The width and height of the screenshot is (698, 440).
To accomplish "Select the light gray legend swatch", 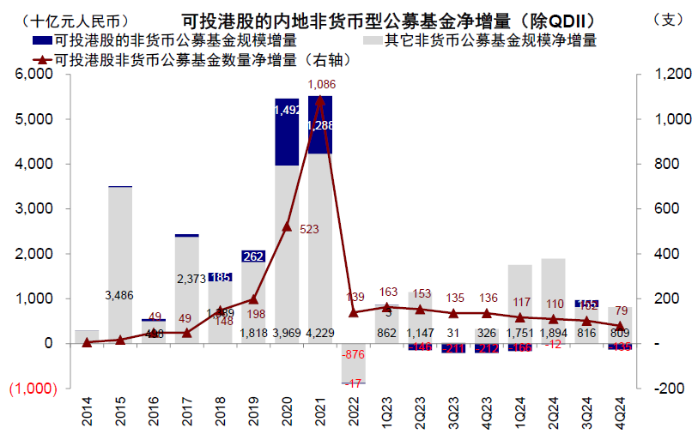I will point(371,41).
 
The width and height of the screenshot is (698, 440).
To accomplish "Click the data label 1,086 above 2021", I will point(320,84).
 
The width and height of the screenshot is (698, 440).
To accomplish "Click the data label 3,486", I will point(120,295).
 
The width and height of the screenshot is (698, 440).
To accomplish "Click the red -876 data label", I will point(353,354).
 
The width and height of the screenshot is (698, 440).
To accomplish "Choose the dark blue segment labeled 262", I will point(253,256).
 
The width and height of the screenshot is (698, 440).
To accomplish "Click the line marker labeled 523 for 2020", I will point(287,226).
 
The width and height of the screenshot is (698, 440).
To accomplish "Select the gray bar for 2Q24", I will point(554,300).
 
